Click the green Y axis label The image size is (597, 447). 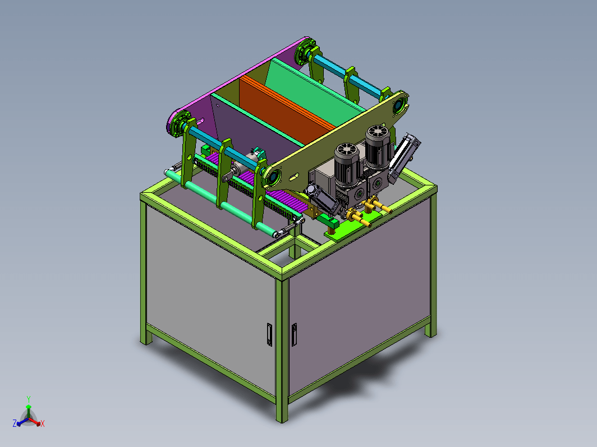click(x=29, y=399)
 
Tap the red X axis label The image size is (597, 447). click(x=42, y=423)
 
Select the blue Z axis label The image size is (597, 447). click(x=15, y=423)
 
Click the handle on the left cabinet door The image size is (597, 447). click(x=269, y=334)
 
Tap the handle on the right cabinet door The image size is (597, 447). click(x=294, y=334)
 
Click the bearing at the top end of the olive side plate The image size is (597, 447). click(x=399, y=105)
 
